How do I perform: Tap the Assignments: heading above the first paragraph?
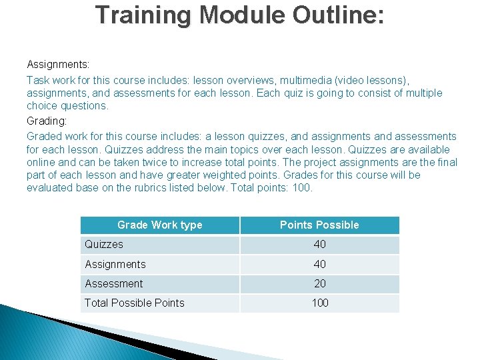(x=58, y=65)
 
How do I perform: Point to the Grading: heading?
(x=47, y=121)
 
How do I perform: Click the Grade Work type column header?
(x=159, y=225)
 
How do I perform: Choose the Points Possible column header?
(x=319, y=225)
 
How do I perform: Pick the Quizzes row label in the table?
(x=104, y=245)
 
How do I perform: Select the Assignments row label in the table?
(x=115, y=264)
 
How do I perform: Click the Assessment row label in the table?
(x=114, y=283)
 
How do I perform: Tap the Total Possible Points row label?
(x=135, y=303)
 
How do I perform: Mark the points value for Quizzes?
(x=320, y=245)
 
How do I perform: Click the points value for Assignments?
(x=320, y=264)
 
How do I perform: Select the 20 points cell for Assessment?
(x=320, y=283)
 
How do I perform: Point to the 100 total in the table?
(x=320, y=303)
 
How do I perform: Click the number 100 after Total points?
(x=302, y=187)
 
